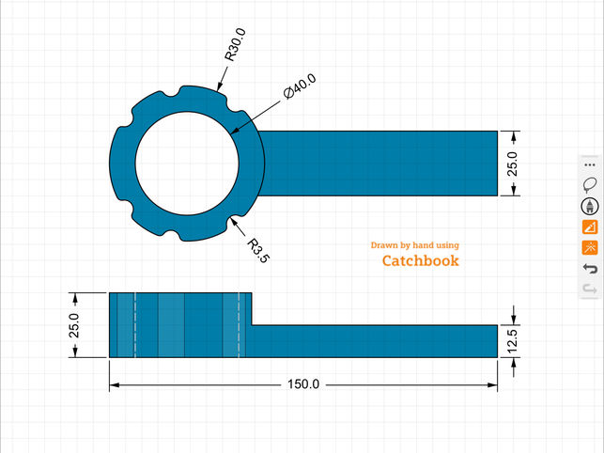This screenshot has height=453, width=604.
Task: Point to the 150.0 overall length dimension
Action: click(x=303, y=384)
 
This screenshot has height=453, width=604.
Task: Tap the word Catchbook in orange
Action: click(x=420, y=260)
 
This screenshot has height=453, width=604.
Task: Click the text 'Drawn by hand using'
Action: click(x=414, y=245)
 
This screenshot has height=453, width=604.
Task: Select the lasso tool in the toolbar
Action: click(x=590, y=184)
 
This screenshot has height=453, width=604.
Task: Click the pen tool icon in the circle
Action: click(x=590, y=206)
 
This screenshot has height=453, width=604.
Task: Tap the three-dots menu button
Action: click(x=590, y=164)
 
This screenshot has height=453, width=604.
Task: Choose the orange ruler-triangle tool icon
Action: click(x=590, y=227)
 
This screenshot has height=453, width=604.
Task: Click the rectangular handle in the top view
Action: click(x=376, y=164)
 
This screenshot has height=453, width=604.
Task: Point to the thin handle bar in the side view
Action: click(x=376, y=341)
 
